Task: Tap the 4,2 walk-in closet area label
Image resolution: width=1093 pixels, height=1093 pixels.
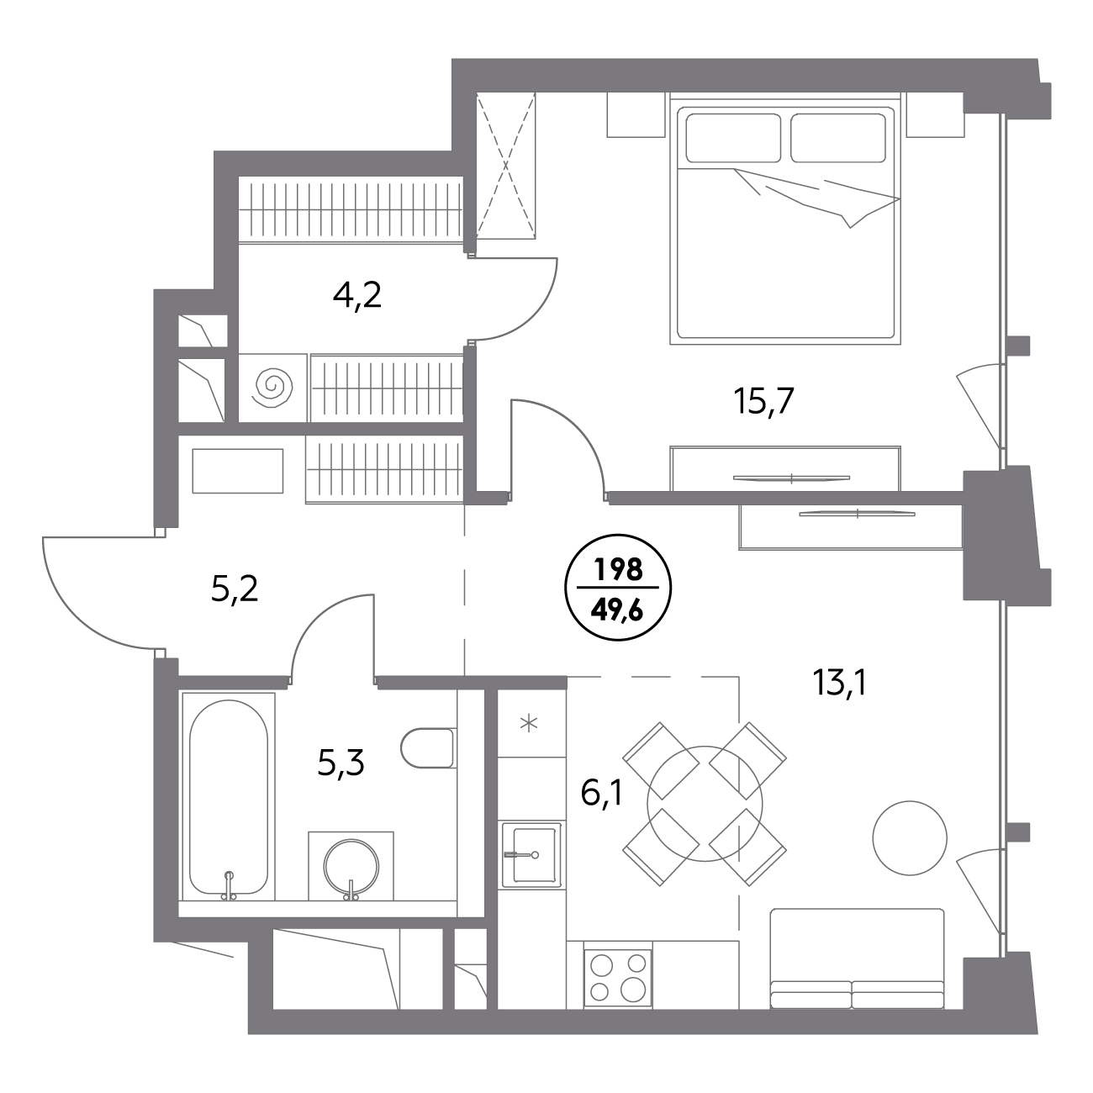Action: tap(356, 295)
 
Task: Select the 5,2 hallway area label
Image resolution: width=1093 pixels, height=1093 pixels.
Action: tap(235, 589)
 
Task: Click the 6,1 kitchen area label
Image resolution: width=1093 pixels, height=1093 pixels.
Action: tap(602, 792)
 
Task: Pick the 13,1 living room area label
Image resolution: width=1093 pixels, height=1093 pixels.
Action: tap(840, 682)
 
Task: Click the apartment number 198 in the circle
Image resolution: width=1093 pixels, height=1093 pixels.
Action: tap(618, 569)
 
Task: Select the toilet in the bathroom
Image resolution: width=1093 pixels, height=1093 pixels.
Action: tap(428, 748)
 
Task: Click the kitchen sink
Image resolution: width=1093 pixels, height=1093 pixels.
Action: tap(531, 853)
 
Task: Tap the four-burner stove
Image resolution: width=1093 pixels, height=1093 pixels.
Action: tap(618, 978)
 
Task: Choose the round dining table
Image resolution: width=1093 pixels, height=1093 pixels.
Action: tap(705, 804)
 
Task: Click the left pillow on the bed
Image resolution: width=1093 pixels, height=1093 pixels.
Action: tap(733, 138)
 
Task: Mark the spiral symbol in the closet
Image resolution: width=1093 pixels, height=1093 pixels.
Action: tap(274, 388)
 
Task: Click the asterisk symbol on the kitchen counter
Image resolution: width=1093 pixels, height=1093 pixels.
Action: tap(529, 723)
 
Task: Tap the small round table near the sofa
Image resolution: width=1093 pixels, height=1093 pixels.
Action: tap(910, 837)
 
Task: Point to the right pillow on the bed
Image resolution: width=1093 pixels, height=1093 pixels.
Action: tap(837, 138)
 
